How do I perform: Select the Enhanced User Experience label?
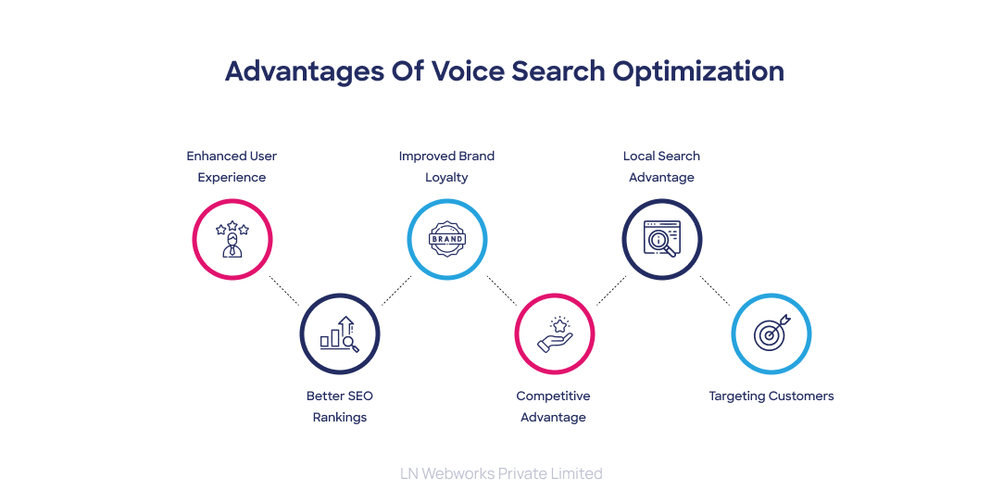tap(232, 167)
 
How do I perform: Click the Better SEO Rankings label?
tap(340, 407)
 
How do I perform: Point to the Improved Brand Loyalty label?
tap(446, 167)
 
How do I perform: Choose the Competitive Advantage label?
tap(553, 407)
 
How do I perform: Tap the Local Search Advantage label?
tap(661, 167)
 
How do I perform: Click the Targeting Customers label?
tap(771, 396)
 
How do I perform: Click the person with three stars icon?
tap(232, 239)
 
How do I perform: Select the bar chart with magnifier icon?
tap(340, 333)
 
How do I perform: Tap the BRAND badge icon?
tap(446, 239)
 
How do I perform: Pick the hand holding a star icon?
tap(554, 333)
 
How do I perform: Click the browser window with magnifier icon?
tap(661, 239)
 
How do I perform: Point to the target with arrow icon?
tap(771, 333)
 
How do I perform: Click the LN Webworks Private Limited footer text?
tap(501, 473)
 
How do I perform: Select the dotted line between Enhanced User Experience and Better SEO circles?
tap(284, 290)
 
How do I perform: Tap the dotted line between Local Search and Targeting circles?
tap(715, 290)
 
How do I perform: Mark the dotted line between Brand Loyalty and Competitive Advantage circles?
tap(501, 290)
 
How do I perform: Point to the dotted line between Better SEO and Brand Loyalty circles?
tap(395, 290)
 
